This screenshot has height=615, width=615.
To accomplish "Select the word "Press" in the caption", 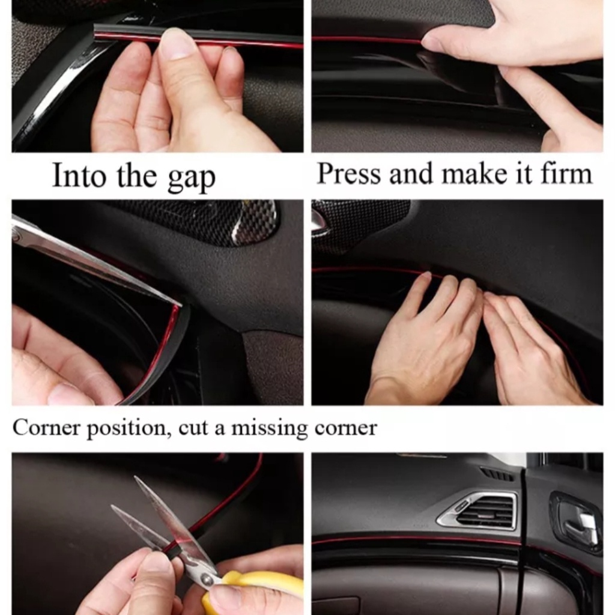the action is coord(349,173).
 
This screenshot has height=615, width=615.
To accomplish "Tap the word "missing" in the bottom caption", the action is coord(269,428).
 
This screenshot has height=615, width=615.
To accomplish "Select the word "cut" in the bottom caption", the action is coord(193,428).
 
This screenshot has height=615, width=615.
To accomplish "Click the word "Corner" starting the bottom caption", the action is coord(46,427).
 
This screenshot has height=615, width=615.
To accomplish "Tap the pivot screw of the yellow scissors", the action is coord(204,578).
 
